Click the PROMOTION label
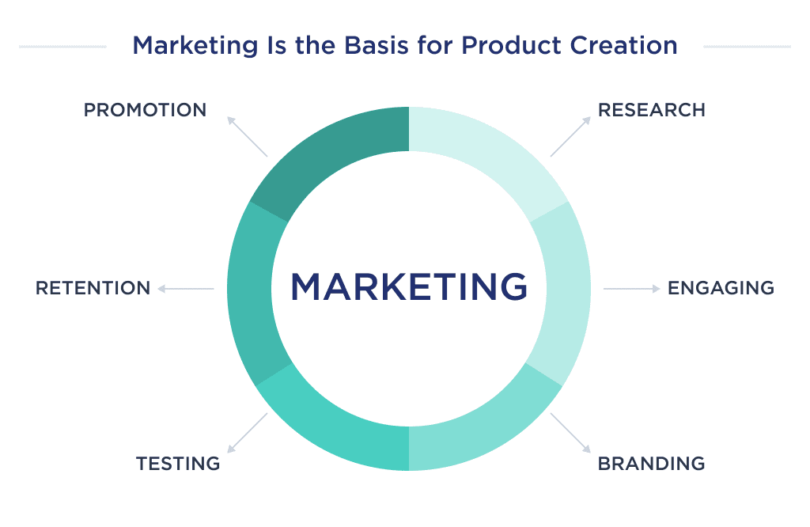(145, 110)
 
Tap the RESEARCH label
(651, 110)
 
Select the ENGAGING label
(721, 288)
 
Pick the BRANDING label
(651, 463)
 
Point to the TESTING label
(177, 463)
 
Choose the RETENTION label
(93, 288)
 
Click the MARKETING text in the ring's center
(409, 286)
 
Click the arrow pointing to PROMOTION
(247, 136)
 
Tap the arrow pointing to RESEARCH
(570, 136)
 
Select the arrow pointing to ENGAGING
(631, 289)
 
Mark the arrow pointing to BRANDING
(570, 433)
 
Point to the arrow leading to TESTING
(247, 433)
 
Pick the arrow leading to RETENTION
(186, 289)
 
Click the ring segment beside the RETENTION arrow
(249, 289)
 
